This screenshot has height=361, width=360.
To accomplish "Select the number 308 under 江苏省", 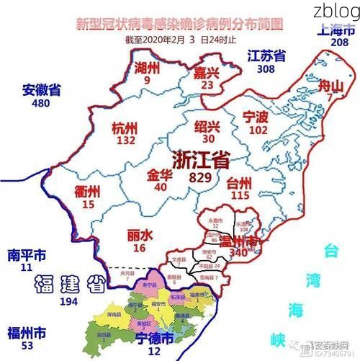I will coord(266,69).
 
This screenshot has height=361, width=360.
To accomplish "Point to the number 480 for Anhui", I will coord(42,104).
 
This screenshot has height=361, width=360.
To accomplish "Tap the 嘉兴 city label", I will coord(209,72).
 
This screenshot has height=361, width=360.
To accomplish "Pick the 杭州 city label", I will coord(125,128).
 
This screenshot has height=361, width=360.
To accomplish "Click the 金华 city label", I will coord(160,174).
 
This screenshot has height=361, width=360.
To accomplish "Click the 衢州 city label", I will coord(87,192).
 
